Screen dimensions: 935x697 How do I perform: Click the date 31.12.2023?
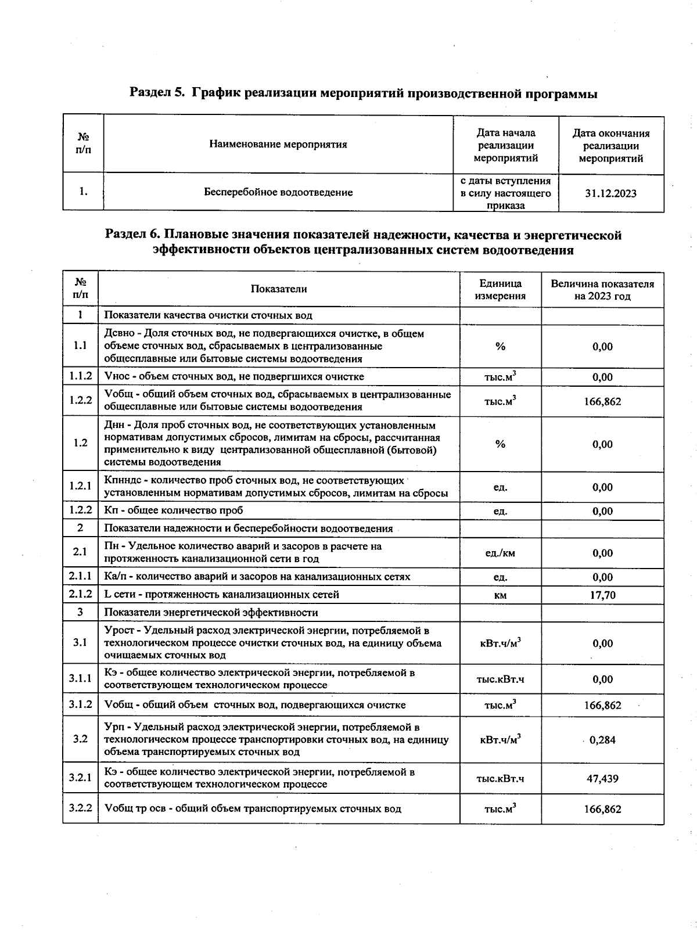click(x=610, y=193)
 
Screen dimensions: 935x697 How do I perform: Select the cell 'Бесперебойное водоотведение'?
click(x=278, y=192)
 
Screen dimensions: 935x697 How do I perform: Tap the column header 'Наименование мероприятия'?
click(x=278, y=144)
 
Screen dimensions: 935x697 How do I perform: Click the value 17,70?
click(x=602, y=595)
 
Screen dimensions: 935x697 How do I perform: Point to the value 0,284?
click(x=602, y=740)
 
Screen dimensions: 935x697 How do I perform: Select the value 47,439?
click(x=602, y=778)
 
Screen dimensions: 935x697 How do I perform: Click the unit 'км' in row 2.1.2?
click(x=500, y=595)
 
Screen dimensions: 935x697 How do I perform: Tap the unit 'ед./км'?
click(x=500, y=553)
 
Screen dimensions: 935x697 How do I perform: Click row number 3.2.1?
click(x=80, y=778)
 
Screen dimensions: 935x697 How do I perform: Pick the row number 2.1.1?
click(x=80, y=577)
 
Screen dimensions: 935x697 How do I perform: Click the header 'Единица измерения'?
click(x=500, y=289)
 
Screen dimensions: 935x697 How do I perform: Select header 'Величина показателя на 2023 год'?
click(x=602, y=289)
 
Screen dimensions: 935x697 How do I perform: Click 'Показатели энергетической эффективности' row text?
click(x=211, y=612)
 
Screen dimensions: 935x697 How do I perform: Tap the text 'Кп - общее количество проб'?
click(x=173, y=510)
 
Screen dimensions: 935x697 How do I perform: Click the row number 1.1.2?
click(x=80, y=376)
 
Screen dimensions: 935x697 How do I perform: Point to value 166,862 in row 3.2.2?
click(x=602, y=809)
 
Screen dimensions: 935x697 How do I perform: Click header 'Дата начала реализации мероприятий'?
click(x=505, y=145)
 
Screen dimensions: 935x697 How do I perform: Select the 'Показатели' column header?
click(x=279, y=289)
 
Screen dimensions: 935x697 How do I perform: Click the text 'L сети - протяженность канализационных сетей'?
click(x=221, y=595)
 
